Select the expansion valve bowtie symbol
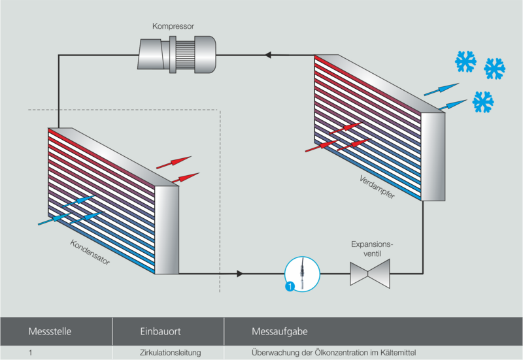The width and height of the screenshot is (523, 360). (370, 273)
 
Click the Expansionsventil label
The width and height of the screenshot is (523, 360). (370, 248)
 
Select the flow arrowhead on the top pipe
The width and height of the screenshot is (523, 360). (268, 55)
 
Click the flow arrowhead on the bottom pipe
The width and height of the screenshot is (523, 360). (242, 273)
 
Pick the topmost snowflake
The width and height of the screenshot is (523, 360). (465, 63)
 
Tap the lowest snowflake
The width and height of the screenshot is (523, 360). (482, 101)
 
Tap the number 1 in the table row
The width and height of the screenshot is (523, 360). (31, 353)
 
